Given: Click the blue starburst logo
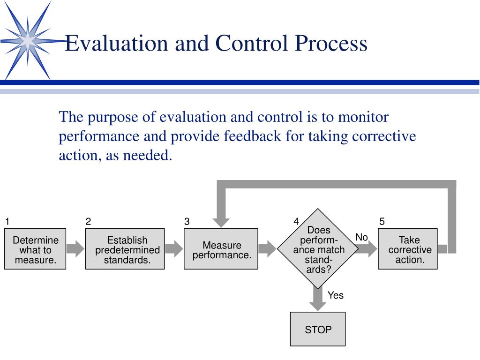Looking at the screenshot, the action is [x=28, y=41].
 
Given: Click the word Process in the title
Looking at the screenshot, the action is [x=331, y=44].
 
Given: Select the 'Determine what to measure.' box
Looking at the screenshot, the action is [x=35, y=249].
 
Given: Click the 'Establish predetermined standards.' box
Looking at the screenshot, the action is [x=125, y=249].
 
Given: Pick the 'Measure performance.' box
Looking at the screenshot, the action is [x=221, y=249].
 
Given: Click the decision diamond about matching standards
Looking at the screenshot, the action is [x=318, y=249].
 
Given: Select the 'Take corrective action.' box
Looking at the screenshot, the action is [x=408, y=249].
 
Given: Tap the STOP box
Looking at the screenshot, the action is [x=318, y=330].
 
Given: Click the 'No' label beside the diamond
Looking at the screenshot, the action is [x=361, y=238].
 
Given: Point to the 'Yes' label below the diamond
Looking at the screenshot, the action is [x=335, y=295].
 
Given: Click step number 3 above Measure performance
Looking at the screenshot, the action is [x=187, y=222].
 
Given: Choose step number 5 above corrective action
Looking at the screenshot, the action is [x=382, y=222].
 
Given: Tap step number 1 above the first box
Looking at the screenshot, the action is [x=7, y=222].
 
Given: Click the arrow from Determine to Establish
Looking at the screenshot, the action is [x=75, y=248].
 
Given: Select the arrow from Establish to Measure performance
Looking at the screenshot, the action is [x=174, y=248].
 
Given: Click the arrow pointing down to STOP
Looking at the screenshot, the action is [x=318, y=300].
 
